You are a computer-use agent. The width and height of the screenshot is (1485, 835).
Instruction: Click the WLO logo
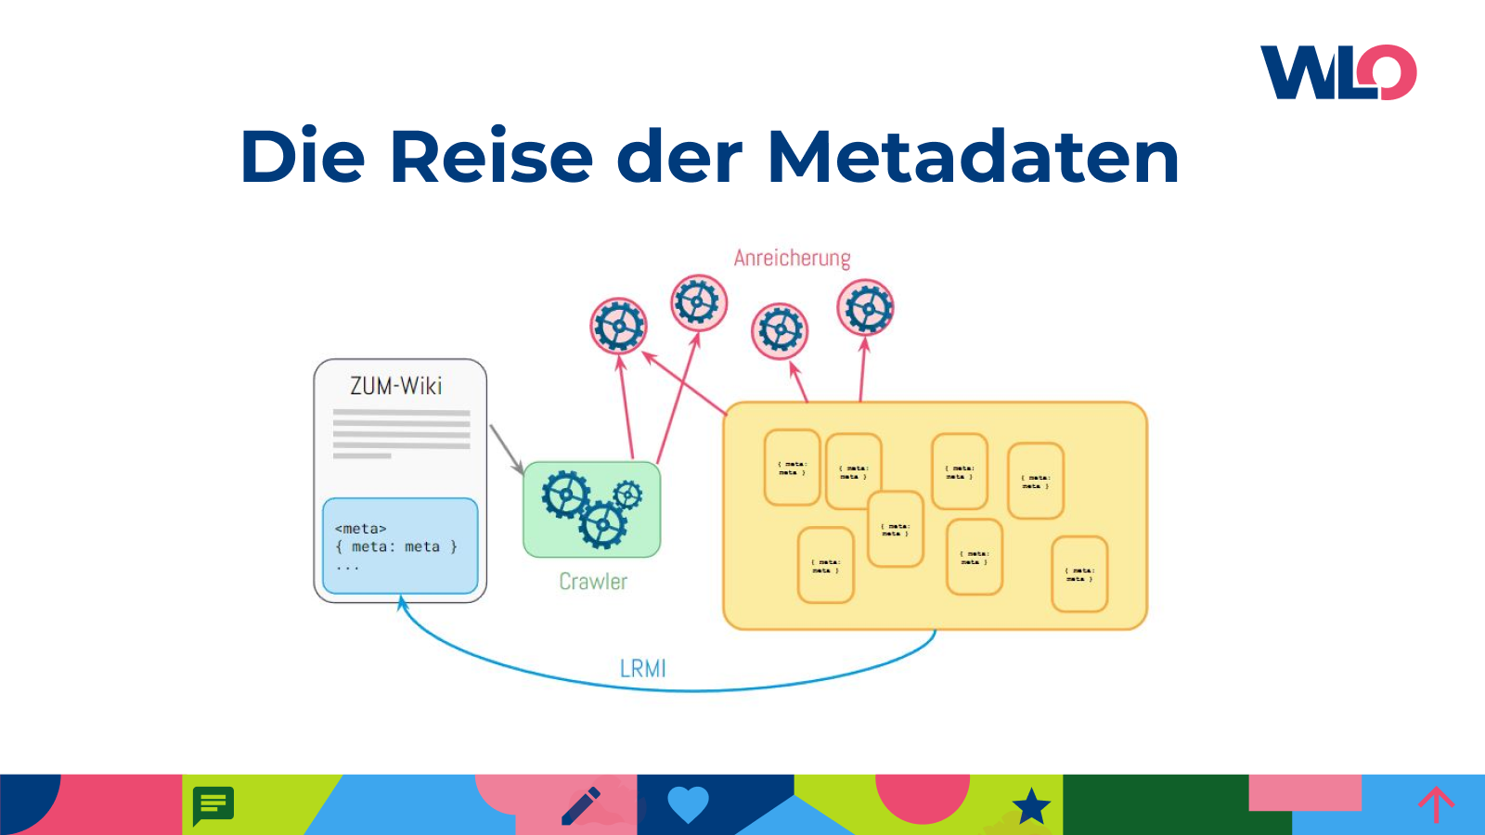tap(1338, 72)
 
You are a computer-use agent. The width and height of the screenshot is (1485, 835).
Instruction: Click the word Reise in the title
tap(491, 157)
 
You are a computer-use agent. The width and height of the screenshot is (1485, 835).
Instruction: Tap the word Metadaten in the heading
tap(974, 157)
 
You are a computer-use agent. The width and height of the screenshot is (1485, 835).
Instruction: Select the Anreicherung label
tap(792, 258)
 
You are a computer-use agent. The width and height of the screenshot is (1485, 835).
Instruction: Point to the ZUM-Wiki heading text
tap(396, 386)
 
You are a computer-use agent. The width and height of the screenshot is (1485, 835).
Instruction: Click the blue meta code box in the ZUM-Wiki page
tap(400, 546)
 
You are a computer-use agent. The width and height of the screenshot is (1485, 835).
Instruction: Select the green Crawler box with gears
tap(592, 509)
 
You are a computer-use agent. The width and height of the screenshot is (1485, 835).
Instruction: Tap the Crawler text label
tap(593, 582)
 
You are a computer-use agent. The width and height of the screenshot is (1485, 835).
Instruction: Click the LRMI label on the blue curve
tap(642, 668)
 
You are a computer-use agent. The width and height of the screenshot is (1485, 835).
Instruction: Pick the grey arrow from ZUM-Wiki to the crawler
tap(506, 449)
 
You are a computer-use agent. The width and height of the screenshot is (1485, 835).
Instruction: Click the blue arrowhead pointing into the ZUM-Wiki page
tap(402, 604)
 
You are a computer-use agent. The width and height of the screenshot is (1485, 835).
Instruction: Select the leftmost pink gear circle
tap(618, 326)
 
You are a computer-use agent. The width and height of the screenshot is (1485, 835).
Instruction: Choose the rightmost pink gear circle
tap(866, 308)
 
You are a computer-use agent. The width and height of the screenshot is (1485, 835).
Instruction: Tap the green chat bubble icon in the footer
tap(213, 804)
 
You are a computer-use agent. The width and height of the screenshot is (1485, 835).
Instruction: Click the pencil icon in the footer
tap(582, 805)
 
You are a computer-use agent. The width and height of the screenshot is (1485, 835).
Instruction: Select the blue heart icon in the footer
tap(688, 803)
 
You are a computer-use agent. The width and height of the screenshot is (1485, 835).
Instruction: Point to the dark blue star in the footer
tap(1031, 806)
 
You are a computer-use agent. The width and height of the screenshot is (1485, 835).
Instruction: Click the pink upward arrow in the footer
tap(1436, 803)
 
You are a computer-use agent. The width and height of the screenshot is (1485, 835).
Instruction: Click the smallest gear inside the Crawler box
tap(628, 495)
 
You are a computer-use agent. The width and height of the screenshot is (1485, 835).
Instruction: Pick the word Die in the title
tap(303, 157)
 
